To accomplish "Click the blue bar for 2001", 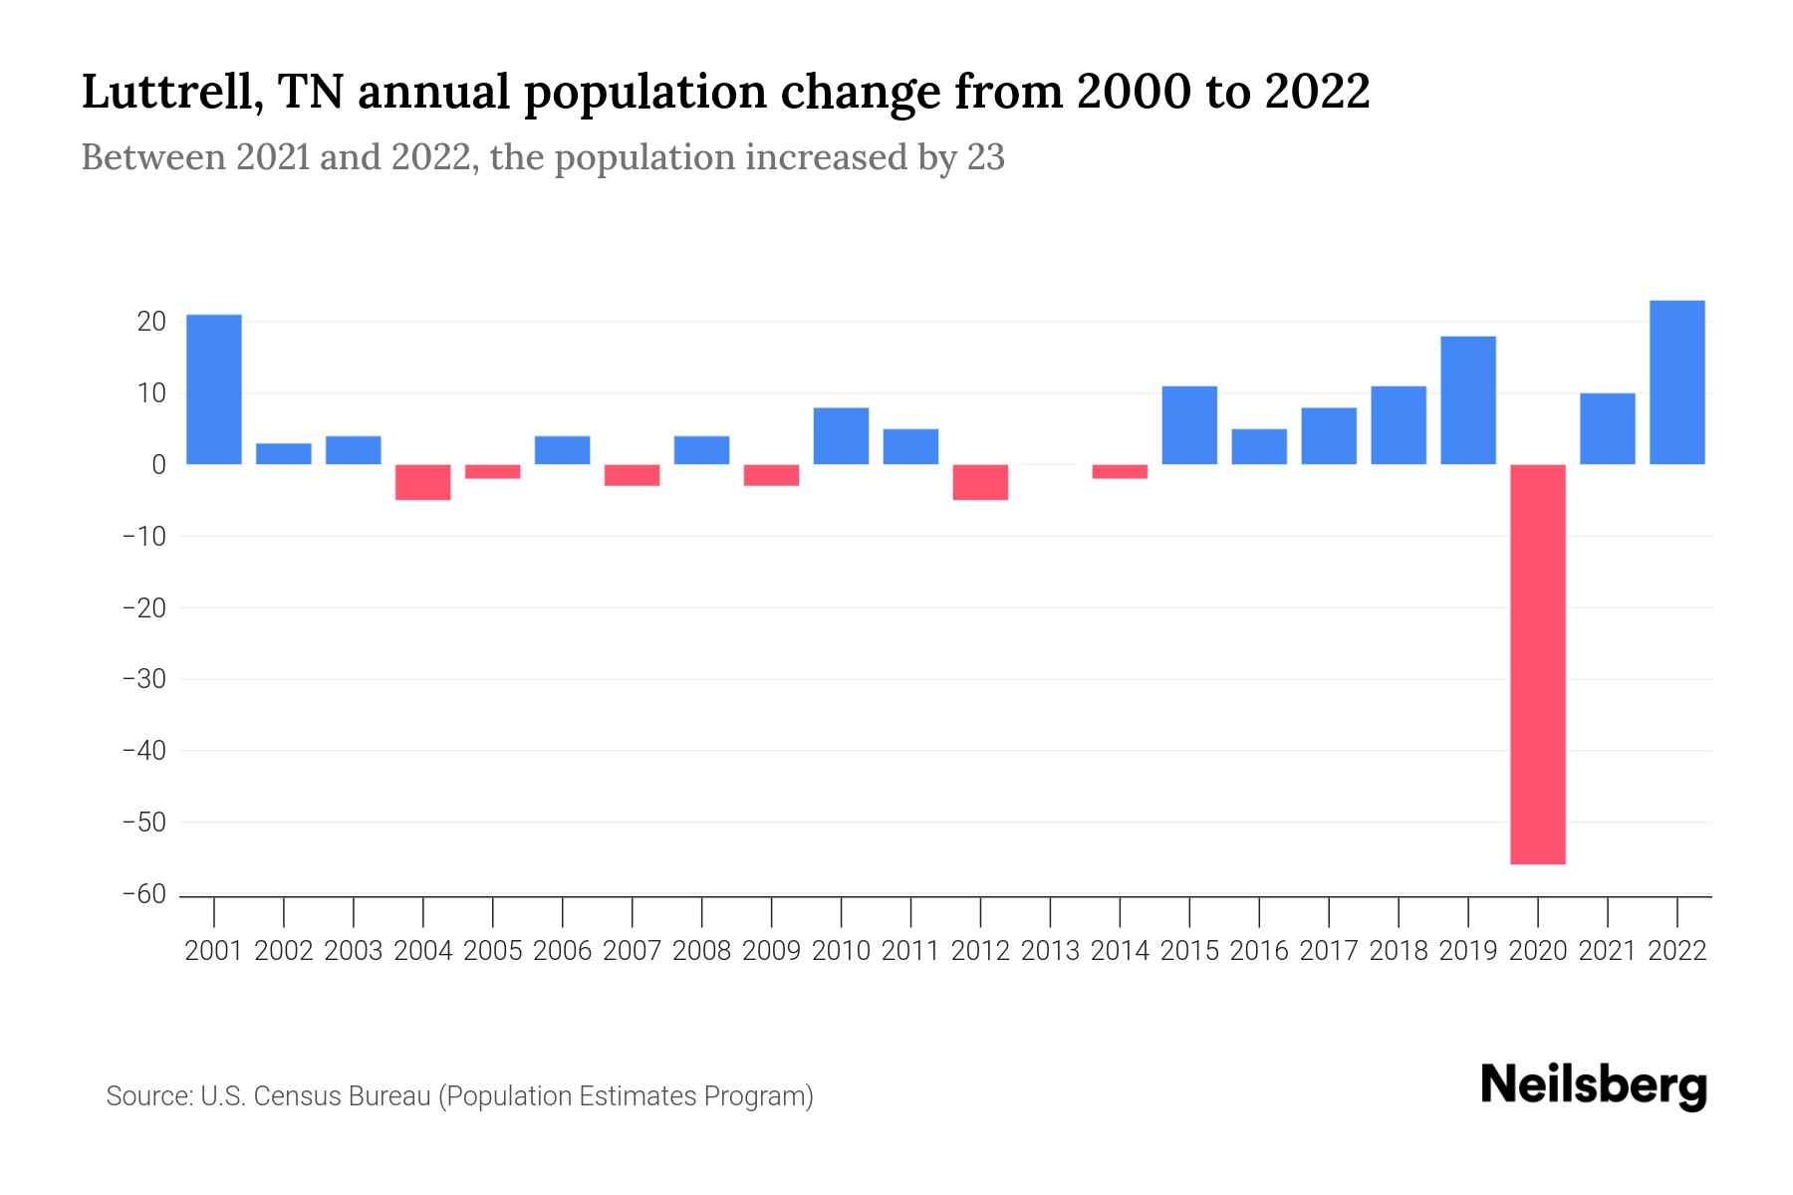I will (x=214, y=389).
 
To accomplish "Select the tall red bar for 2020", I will (x=1538, y=664).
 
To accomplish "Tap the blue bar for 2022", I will (x=1677, y=382).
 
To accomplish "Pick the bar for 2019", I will (x=1468, y=400).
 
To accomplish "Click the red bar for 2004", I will (x=423, y=482).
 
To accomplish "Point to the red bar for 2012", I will (x=980, y=482).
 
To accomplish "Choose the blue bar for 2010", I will (x=841, y=436).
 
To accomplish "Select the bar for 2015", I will (x=1189, y=425).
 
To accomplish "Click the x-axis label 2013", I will (x=1050, y=951).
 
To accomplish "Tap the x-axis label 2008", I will (x=701, y=951).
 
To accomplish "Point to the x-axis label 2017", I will (x=1329, y=951).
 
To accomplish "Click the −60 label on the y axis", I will (x=143, y=894).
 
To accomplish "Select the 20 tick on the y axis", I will (x=151, y=322).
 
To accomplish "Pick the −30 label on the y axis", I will (x=143, y=679).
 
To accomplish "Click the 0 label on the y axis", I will (x=158, y=465).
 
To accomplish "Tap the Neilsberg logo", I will (x=1594, y=1085).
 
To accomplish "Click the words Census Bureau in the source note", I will (x=341, y=1096).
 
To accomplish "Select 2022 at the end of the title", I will (x=1317, y=93).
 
